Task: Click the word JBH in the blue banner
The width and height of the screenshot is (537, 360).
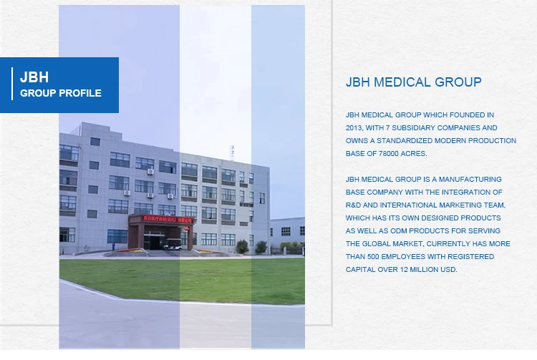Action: click(34, 77)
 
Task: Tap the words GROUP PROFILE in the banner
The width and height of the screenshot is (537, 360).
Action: click(61, 93)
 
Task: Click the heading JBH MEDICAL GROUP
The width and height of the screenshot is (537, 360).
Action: click(413, 82)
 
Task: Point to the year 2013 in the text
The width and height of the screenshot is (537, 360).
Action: click(354, 128)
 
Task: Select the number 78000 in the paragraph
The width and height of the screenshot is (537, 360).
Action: click(388, 154)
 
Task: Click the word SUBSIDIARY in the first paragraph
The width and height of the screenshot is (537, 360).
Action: click(413, 128)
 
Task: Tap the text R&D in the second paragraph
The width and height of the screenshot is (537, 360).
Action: click(353, 205)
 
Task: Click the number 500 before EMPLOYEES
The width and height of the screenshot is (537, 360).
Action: click(373, 257)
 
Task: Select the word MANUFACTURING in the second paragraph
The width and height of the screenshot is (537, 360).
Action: click(470, 180)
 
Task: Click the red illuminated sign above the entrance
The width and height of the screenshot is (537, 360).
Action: click(168, 220)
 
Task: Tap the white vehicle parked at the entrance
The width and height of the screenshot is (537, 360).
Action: click(173, 244)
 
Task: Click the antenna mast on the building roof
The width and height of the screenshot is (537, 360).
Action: click(232, 153)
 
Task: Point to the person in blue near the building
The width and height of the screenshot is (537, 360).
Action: click(113, 246)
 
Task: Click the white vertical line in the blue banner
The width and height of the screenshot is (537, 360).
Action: click(12, 84)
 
